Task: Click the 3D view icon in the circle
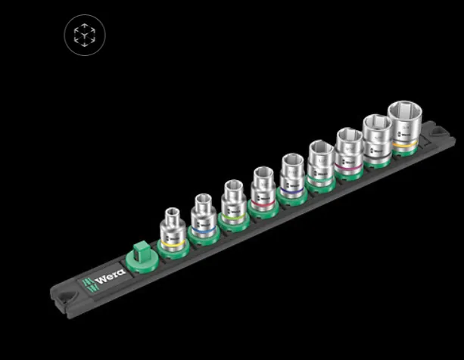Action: (85, 35)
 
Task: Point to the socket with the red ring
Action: (263, 189)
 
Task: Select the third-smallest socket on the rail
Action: (232, 202)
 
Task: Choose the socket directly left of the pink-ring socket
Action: (321, 163)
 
